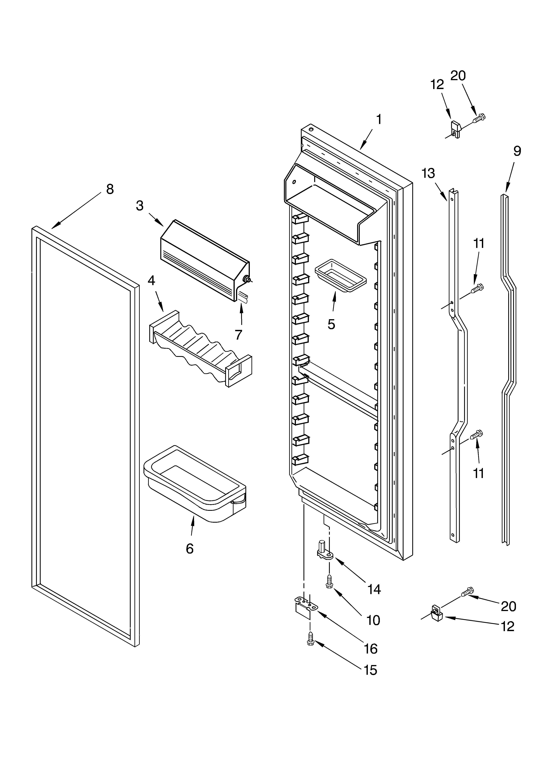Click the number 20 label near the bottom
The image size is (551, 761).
click(508, 606)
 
